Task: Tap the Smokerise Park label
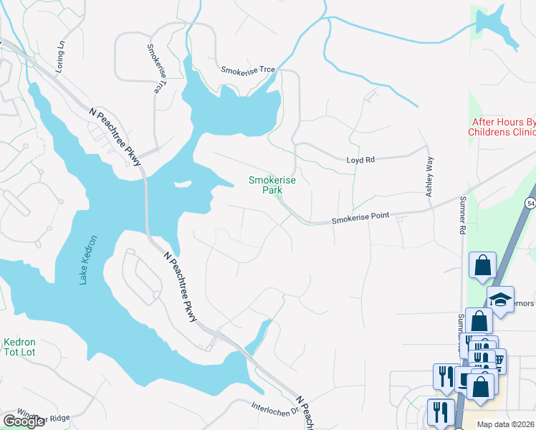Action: coord(272,185)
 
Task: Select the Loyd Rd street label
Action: coord(360,161)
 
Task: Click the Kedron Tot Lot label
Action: coord(19,348)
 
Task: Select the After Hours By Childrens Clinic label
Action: coord(503,127)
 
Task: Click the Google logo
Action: coord(23,421)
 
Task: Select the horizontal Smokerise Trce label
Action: coord(248,70)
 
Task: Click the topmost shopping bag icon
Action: coord(483,264)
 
